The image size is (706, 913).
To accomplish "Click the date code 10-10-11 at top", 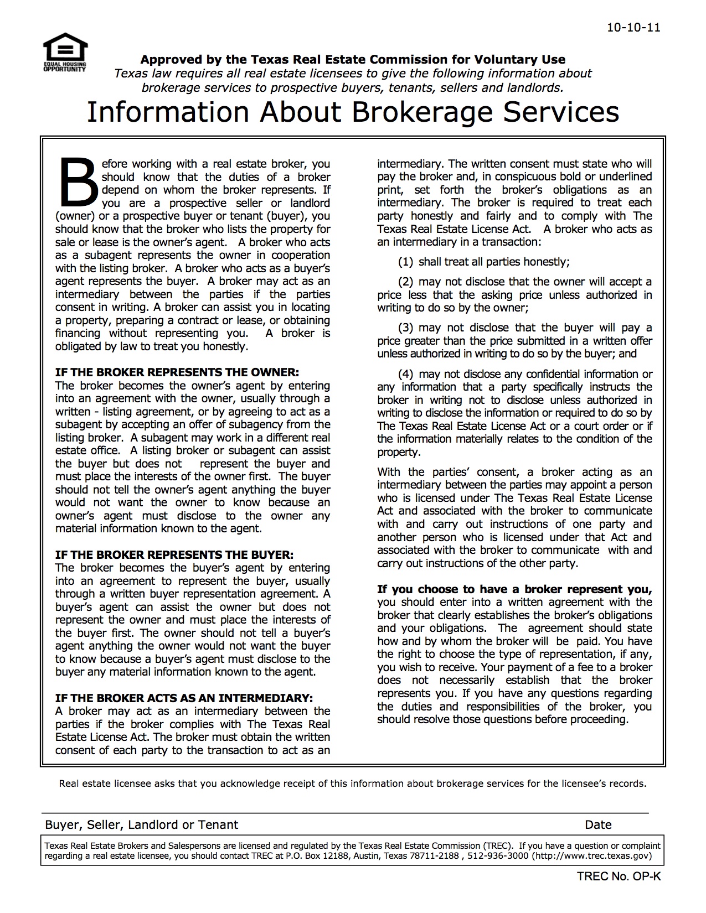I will point(633,28).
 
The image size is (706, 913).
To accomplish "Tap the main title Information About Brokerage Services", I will point(353,112).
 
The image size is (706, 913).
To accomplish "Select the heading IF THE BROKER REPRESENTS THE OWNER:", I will point(177,372).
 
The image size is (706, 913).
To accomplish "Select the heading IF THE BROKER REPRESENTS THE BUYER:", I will point(174,554).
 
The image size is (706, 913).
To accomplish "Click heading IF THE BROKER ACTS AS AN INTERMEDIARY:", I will point(184,698).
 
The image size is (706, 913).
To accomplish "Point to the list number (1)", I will point(406,262).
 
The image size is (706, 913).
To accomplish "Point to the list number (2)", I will point(406,282).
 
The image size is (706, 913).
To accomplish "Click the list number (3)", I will point(406,328).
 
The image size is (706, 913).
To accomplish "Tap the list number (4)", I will point(406,374).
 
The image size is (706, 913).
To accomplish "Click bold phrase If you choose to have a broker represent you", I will point(514,589).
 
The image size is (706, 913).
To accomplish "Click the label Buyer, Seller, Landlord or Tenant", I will point(142,825).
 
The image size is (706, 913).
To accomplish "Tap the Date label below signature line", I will point(598,825).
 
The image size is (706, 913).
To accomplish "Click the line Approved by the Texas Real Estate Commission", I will point(353,60).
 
